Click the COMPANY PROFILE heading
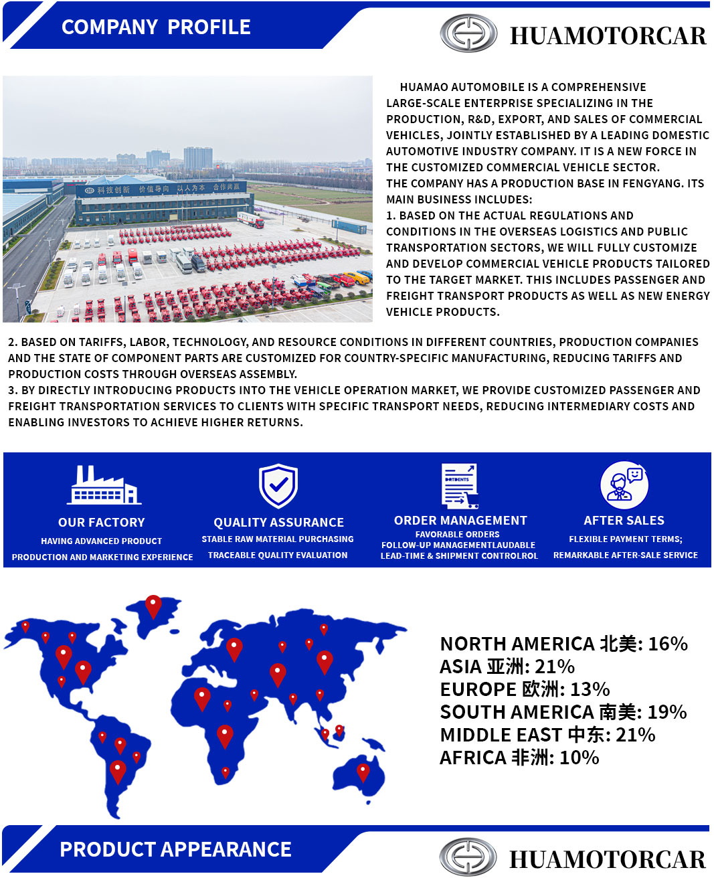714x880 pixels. pos(156,27)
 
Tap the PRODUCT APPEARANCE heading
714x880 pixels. pos(175,849)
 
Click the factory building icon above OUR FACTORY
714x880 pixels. pos(104,485)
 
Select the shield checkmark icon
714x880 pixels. pos(278,485)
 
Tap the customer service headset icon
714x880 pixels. pos(624,485)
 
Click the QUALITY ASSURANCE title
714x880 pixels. pos(278,523)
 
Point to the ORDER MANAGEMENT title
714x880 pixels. pos(460,521)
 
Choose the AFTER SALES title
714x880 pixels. pos(624,521)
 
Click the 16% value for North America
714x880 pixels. pos(668,644)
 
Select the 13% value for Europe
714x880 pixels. pos(590,689)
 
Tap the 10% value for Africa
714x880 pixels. pos(579,758)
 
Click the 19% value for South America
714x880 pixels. pos(667,712)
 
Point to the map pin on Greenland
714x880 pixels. pos(153,605)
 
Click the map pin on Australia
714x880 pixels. pos(363,772)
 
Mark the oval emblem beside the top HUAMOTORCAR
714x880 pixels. pos(468,33)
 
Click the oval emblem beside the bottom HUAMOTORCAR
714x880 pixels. pos(468,857)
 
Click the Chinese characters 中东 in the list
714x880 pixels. pos(586,735)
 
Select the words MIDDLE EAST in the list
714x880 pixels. pos(501,735)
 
